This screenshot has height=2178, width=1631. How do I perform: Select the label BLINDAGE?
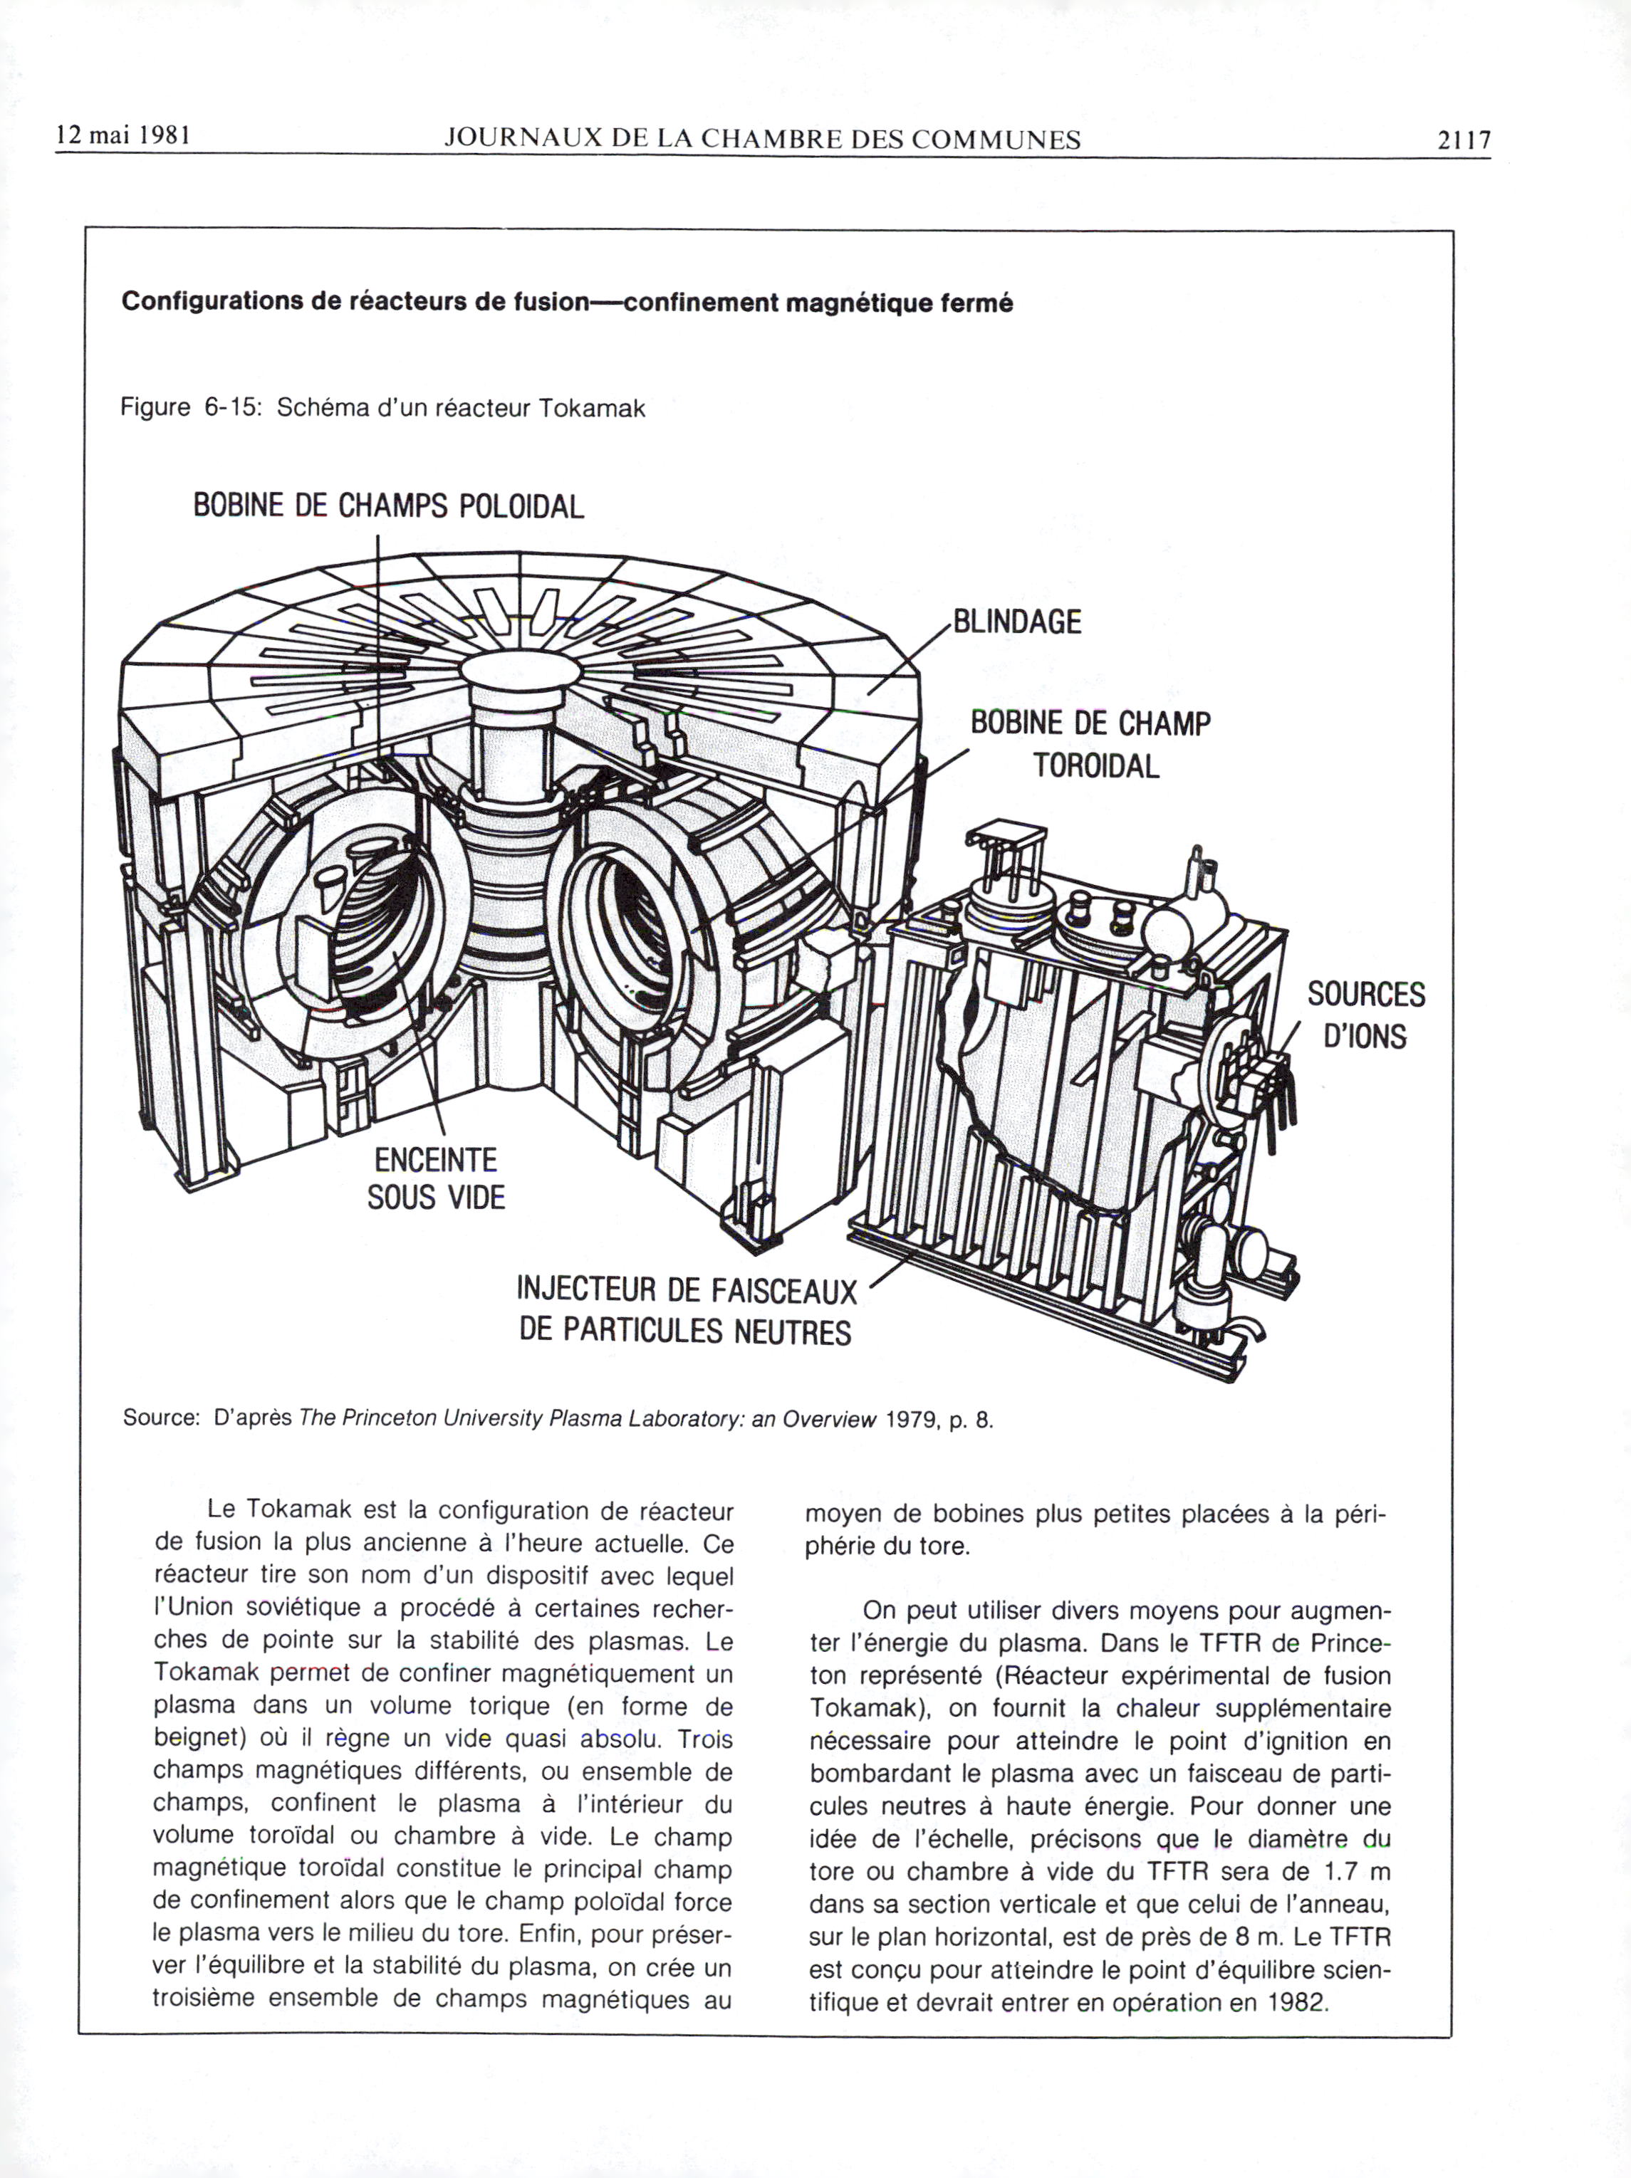pyautogui.click(x=1016, y=622)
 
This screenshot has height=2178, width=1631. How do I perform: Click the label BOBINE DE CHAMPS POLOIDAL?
pyautogui.click(x=388, y=506)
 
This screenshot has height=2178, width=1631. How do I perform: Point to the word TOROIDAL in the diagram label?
pyautogui.click(x=1095, y=765)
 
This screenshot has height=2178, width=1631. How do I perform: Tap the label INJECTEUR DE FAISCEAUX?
pyautogui.click(x=687, y=1290)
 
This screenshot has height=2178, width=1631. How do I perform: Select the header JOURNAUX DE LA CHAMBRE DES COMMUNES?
pyautogui.click(x=761, y=140)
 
